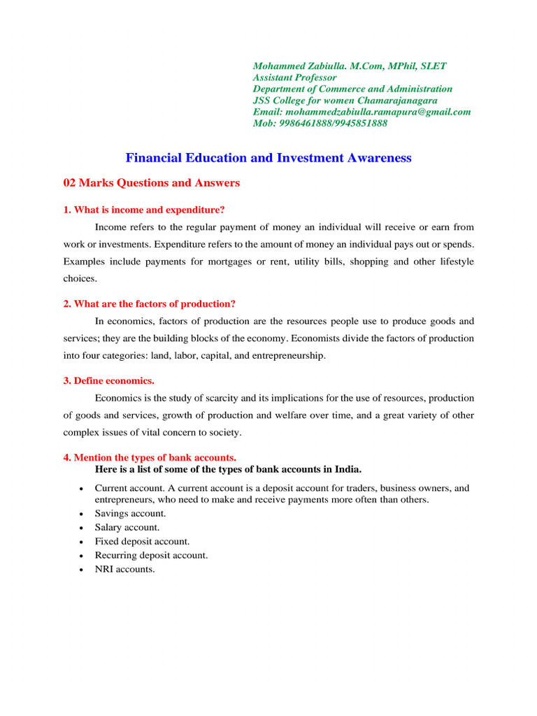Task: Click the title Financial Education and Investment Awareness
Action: (268, 158)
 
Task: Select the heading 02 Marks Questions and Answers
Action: (151, 183)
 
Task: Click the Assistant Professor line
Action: (294, 78)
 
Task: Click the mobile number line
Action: (320, 123)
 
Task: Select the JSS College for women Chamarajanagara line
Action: (345, 101)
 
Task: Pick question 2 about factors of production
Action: (149, 303)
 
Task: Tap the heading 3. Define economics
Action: (108, 381)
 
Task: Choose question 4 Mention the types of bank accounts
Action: (150, 458)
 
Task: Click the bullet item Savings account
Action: (130, 513)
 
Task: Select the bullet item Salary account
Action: (127, 527)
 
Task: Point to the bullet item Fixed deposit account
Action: (142, 541)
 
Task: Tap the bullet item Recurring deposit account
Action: (151, 555)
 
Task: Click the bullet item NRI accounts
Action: (124, 569)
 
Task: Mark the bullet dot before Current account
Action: (83, 489)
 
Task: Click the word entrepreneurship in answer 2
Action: (285, 356)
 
